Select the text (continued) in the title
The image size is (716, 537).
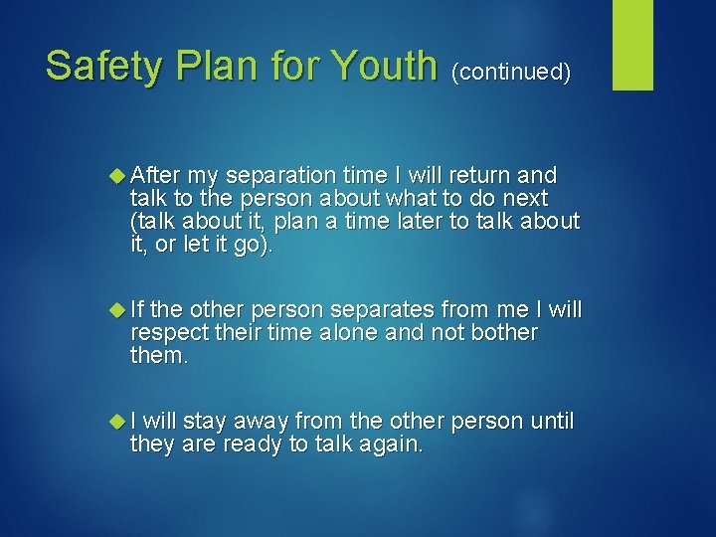tap(511, 72)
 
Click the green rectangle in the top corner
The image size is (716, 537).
tap(632, 45)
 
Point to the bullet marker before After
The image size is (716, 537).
tap(119, 174)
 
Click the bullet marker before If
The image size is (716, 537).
tap(119, 309)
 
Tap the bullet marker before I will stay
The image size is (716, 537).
tap(119, 422)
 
